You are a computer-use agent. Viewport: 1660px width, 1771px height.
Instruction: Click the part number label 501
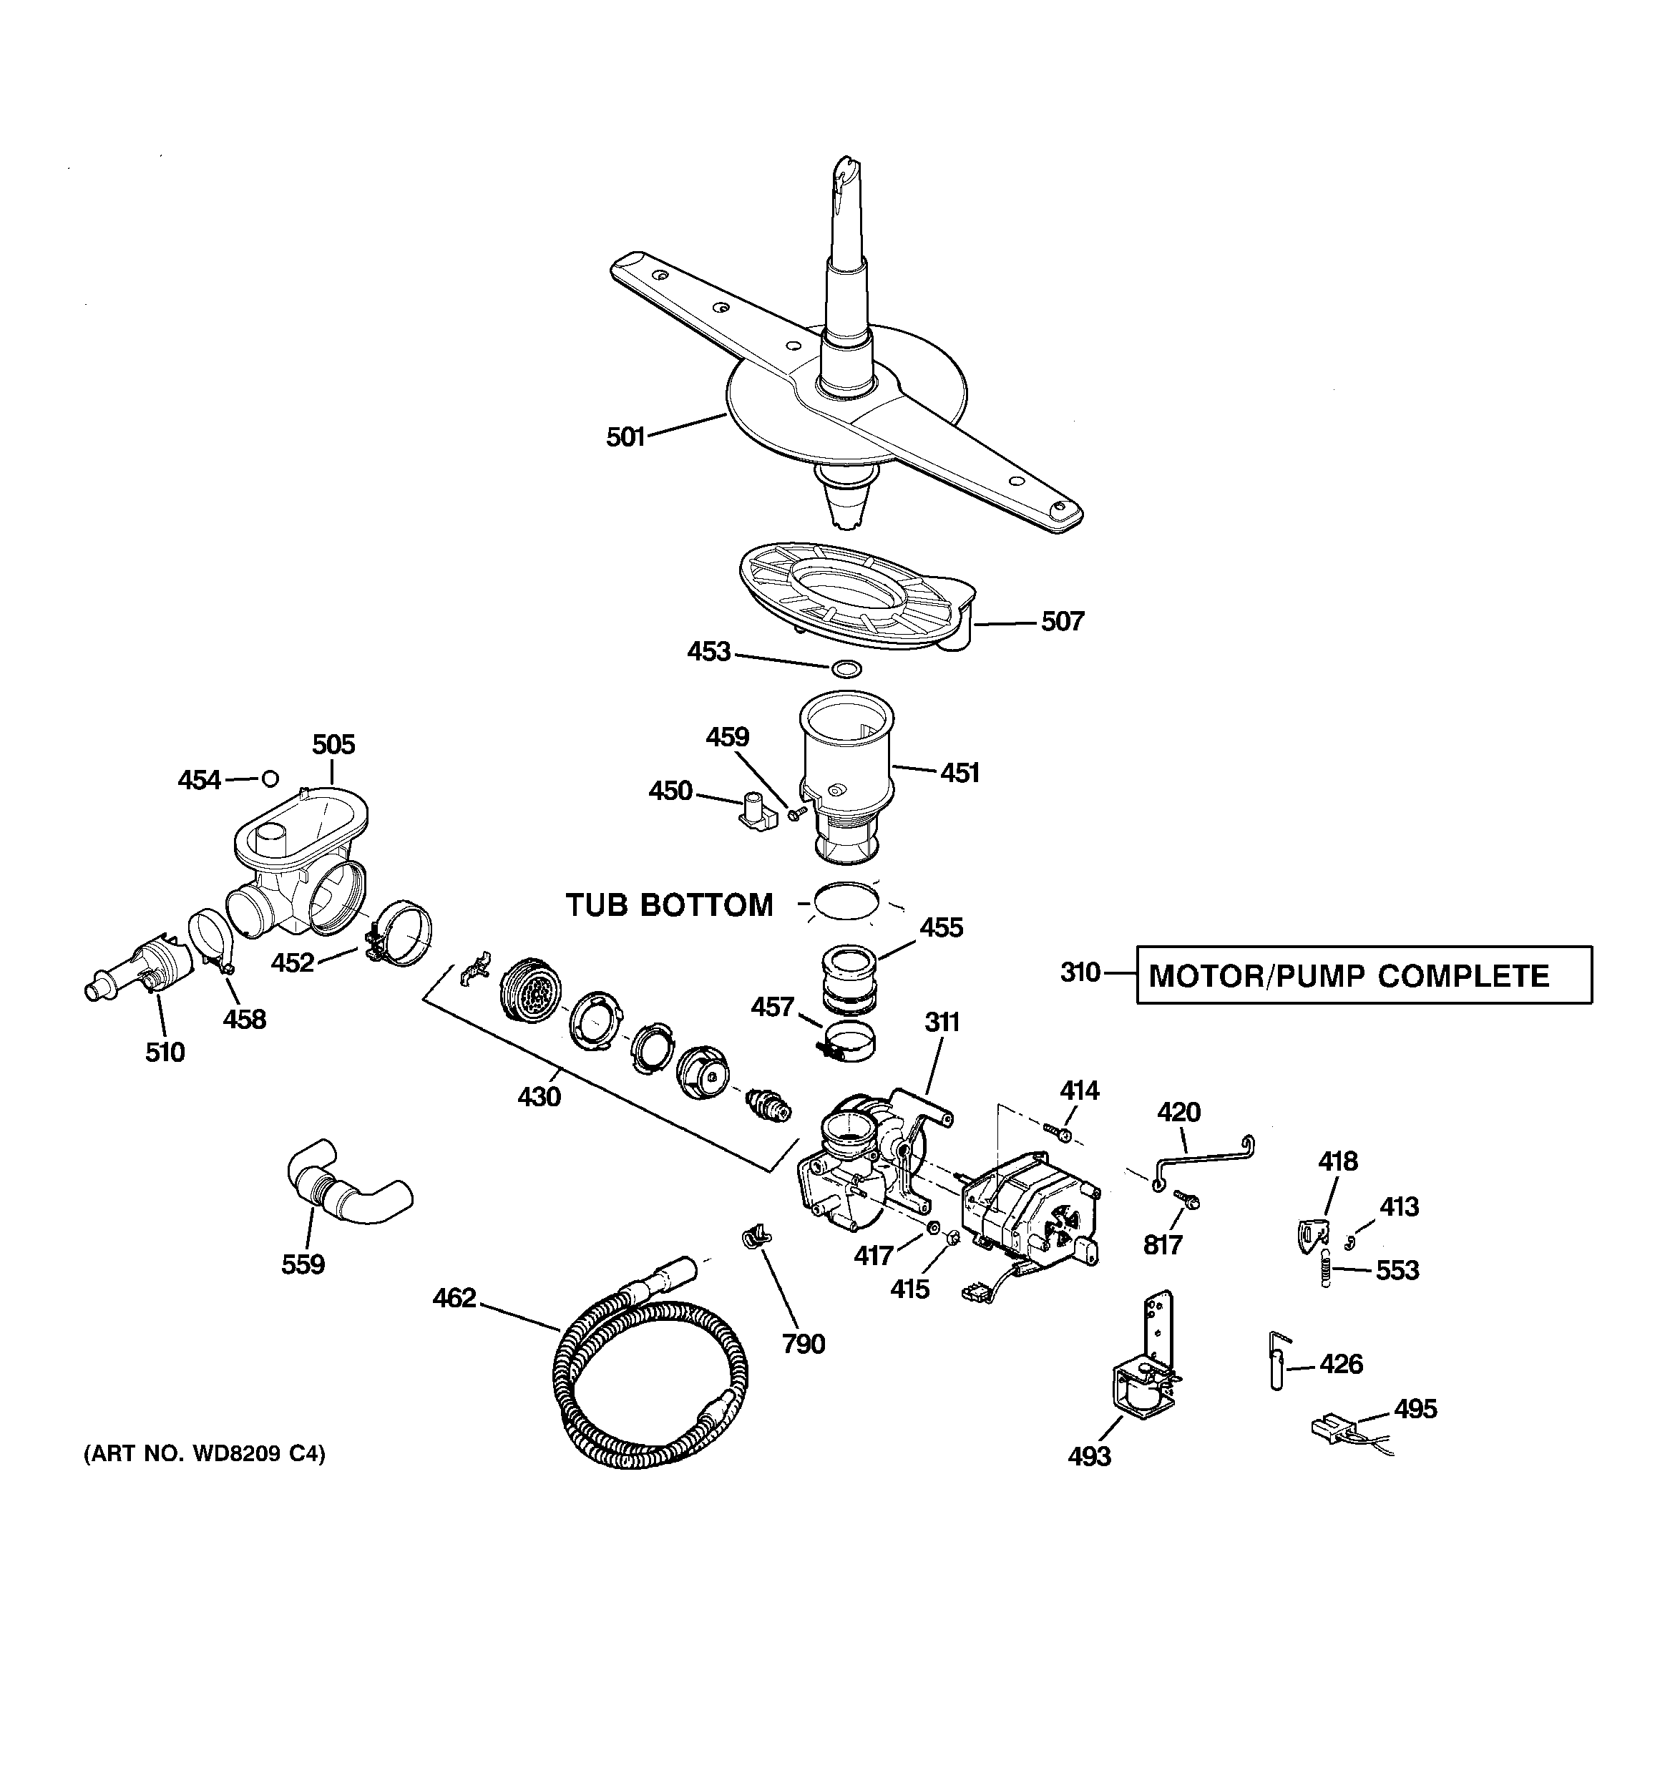pos(625,437)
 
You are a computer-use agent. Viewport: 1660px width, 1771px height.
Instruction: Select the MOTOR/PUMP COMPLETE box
pos(1363,975)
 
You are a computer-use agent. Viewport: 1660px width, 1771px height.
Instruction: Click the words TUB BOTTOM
pos(669,905)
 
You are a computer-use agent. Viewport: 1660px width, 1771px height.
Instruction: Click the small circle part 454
pos(270,779)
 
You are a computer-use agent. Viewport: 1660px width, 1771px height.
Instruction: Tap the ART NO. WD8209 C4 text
pos(204,1455)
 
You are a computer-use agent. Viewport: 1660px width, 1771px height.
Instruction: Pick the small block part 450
pos(751,814)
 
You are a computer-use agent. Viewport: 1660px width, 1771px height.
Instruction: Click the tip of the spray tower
pos(845,170)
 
